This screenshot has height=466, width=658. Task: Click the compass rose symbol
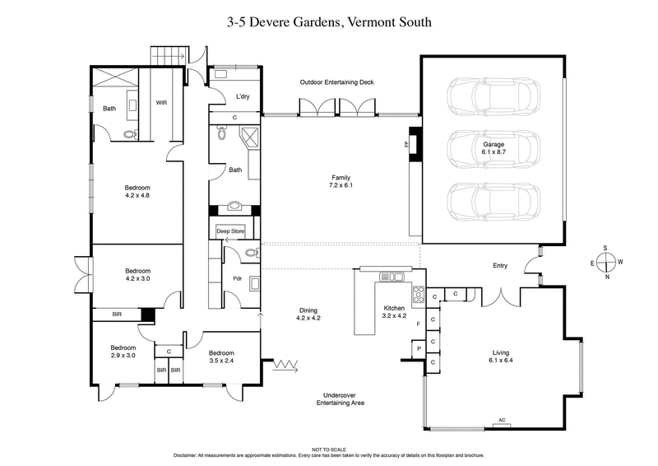(x=605, y=261)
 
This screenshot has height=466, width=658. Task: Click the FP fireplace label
(x=405, y=145)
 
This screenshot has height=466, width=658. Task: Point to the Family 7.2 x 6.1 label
(x=341, y=182)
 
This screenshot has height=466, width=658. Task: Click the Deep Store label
(x=230, y=231)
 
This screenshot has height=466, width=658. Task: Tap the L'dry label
(x=243, y=97)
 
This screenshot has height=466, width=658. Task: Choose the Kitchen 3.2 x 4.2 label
(x=394, y=311)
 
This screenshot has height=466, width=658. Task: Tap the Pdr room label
(x=237, y=278)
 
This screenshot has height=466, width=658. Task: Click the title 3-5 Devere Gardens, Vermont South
(x=328, y=22)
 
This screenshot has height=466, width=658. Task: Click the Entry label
(x=499, y=266)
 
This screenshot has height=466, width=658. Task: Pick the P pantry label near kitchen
(x=419, y=349)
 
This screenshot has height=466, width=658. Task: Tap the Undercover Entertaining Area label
(x=341, y=398)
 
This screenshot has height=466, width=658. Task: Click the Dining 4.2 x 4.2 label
(x=308, y=314)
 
